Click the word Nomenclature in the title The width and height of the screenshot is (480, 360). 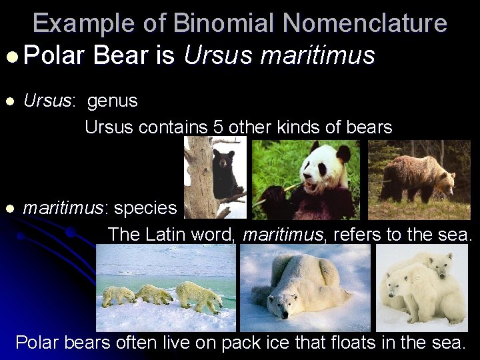[365, 23]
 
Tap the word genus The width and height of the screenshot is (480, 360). [113, 101]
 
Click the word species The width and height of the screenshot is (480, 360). [145, 208]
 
